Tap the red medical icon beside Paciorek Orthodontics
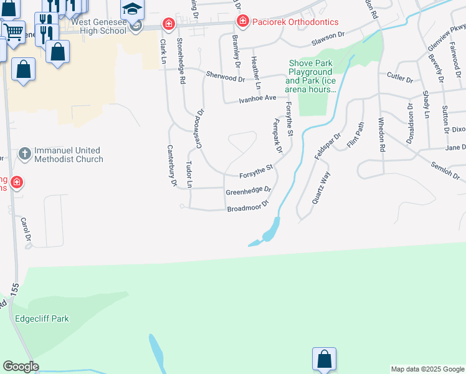pos(242,22)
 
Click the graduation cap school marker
pos(132,9)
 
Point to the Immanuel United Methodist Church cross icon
pos(24,153)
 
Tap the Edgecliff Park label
pos(42,319)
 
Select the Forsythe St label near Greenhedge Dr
pos(257,169)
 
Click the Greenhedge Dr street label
pos(248,189)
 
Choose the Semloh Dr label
pos(444,166)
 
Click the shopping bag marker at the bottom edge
pos(324,359)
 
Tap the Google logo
pos(21,367)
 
